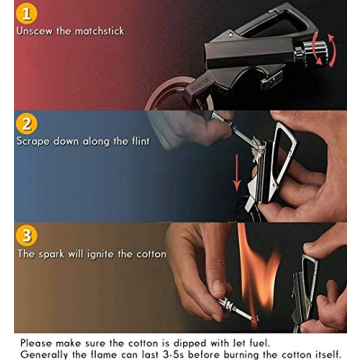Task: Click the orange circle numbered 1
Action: pyautogui.click(x=27, y=13)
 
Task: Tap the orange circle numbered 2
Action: pyautogui.click(x=27, y=123)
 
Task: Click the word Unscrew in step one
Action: pyautogui.click(x=39, y=32)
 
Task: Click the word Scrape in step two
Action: pyautogui.click(x=36, y=142)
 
